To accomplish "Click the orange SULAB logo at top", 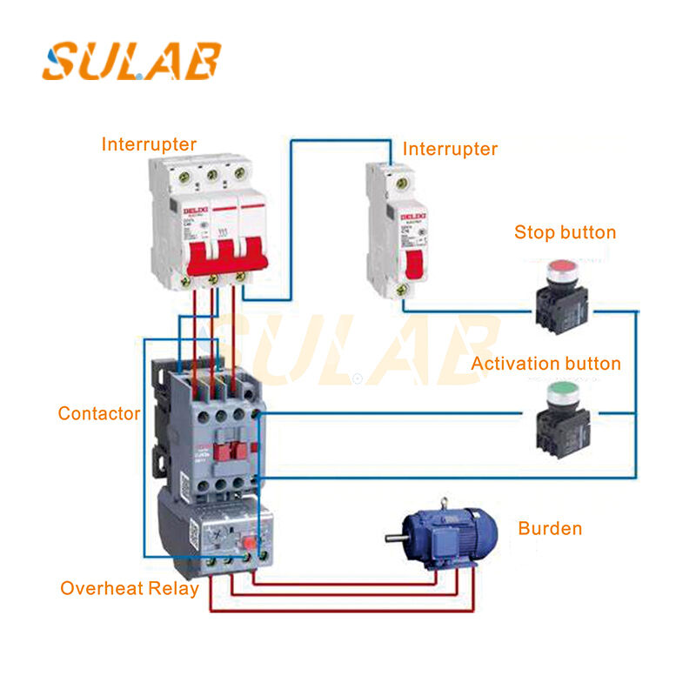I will click(x=131, y=62).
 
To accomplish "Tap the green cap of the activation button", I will click(x=560, y=396).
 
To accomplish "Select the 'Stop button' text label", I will click(x=565, y=232).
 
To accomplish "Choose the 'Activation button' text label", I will click(x=545, y=363).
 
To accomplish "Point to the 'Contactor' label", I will click(x=98, y=414).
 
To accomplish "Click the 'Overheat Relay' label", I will click(x=129, y=588).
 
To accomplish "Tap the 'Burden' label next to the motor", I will click(x=550, y=528).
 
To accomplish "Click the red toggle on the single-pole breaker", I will click(x=417, y=262).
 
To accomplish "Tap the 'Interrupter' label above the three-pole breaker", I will click(x=149, y=144).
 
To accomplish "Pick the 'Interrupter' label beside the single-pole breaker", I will click(x=450, y=150).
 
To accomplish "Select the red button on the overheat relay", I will click(x=250, y=545).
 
